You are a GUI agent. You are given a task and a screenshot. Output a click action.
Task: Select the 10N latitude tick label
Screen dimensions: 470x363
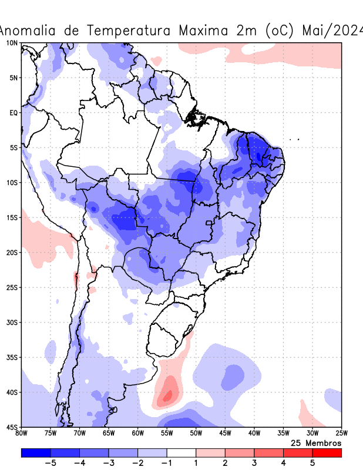pos(11,43)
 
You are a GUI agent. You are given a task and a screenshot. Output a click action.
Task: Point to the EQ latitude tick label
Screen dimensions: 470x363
pos(14,112)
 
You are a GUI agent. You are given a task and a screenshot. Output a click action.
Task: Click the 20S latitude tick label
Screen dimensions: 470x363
pos(11,253)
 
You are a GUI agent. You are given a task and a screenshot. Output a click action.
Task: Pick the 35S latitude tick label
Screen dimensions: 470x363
pos(11,357)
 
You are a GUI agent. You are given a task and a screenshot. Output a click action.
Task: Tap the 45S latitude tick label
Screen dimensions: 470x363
pos(11,427)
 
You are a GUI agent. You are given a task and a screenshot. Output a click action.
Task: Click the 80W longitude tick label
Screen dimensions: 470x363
pos(21,434)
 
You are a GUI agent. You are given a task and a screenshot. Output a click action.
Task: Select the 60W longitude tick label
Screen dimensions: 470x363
pos(137,434)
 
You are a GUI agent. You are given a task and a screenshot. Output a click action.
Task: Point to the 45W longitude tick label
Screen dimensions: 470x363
pos(225,434)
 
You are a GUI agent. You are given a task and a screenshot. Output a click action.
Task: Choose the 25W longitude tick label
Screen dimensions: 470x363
pos(341,434)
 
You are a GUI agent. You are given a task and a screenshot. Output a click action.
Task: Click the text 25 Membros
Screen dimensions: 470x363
pos(316,443)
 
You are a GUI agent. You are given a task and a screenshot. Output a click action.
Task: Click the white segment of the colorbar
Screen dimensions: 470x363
pos(181,453)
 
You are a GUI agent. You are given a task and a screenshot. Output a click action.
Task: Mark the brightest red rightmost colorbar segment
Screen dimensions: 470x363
pos(327,453)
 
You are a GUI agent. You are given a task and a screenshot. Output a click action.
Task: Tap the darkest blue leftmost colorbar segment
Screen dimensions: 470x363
pos(35,453)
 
